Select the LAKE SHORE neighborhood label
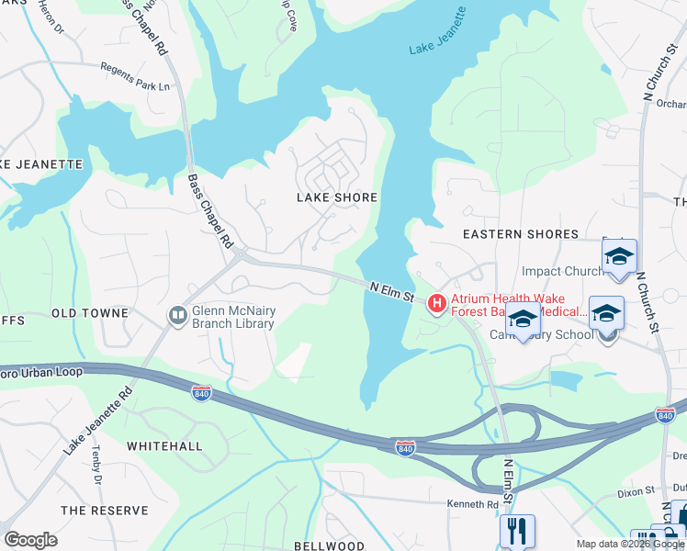[337, 197]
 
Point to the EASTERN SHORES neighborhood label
[521, 234]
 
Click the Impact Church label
[562, 271]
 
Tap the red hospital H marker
[436, 301]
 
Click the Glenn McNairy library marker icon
[177, 316]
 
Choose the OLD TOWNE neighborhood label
[90, 313]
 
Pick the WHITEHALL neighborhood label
[164, 445]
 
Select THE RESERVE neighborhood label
[104, 510]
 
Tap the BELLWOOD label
[329, 545]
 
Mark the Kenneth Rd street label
[472, 504]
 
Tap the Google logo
[30, 540]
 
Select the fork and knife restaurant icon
[517, 531]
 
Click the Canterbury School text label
[554, 334]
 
